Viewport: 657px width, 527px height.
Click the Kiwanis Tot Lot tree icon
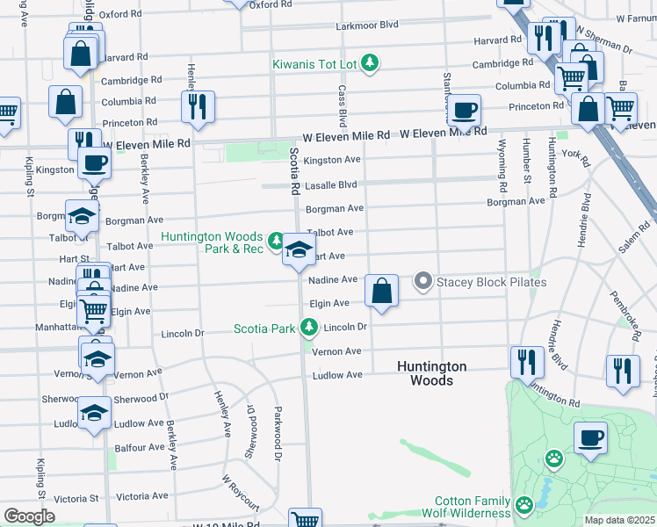point(372,61)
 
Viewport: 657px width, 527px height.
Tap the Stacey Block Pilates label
point(492,282)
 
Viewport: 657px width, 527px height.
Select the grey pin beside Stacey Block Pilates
point(423,282)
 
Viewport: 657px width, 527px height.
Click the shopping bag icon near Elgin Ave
point(381,291)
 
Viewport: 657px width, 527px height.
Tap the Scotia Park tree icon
point(308,328)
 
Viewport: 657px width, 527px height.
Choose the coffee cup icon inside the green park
point(590,437)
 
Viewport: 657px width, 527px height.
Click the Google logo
point(29,516)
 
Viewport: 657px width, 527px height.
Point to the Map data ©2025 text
point(619,520)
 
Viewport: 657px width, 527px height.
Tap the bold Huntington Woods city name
point(431,373)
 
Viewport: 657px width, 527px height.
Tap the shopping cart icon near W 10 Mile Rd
point(305,520)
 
